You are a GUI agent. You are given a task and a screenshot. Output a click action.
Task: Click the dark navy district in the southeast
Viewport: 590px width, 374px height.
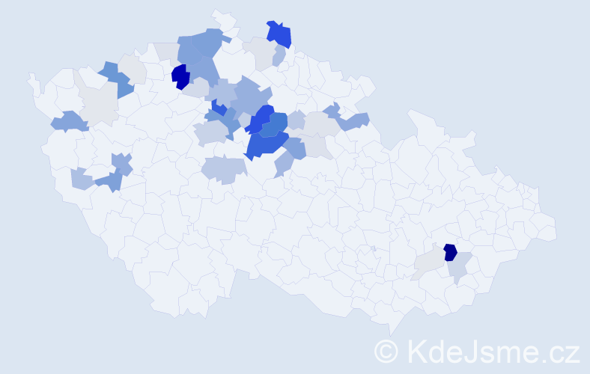coord(450,252)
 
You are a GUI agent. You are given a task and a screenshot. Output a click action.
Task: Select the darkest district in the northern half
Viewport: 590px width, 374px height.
coord(180,76)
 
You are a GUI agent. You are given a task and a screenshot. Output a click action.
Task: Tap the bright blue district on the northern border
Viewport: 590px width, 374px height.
coord(279,34)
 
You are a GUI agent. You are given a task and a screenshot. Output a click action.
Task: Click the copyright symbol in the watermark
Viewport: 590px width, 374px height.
coord(386,352)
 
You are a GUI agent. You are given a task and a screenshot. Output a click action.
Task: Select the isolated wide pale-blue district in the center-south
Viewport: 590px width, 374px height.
coord(222,171)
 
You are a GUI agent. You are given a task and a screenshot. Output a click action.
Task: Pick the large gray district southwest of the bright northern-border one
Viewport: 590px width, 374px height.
coord(259,52)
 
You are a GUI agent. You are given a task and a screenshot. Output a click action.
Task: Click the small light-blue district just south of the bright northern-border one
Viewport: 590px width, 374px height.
coord(279,56)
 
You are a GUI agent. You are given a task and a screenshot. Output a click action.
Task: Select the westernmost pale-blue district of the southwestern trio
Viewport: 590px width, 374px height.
coord(82,179)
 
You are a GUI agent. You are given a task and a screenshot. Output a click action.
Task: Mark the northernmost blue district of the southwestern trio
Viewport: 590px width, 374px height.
coord(121,162)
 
